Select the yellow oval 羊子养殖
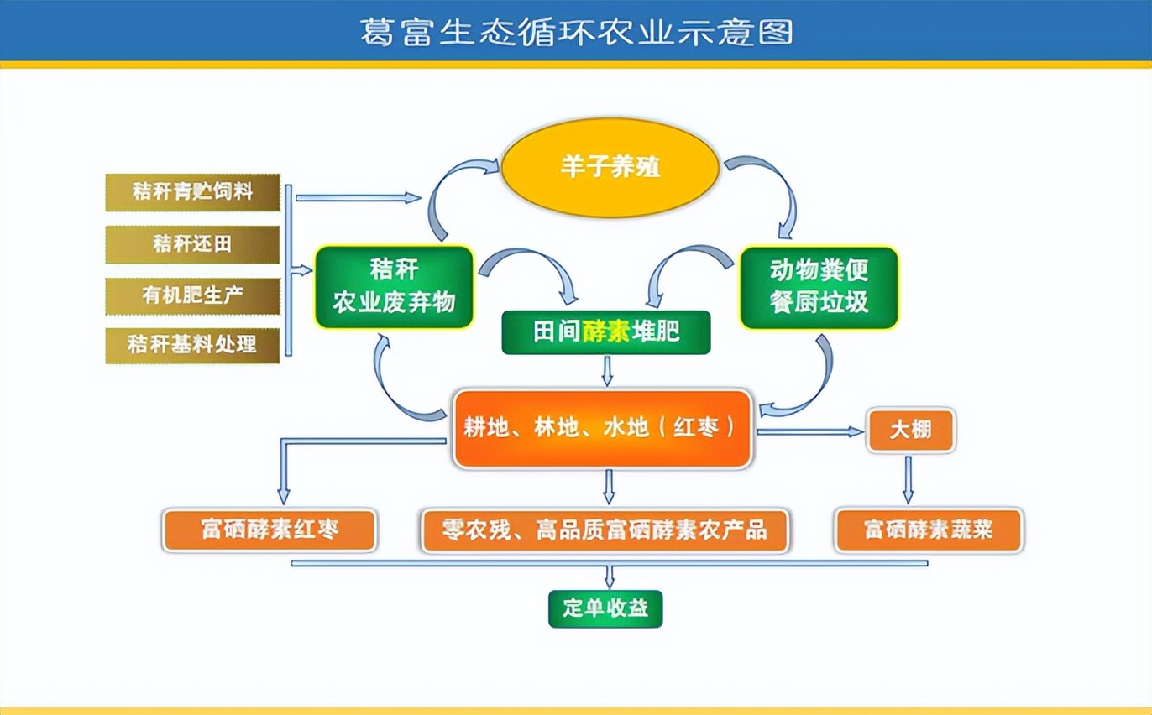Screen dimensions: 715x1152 (x=610, y=166)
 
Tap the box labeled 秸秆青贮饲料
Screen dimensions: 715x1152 (x=192, y=192)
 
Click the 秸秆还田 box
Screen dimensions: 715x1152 (x=192, y=244)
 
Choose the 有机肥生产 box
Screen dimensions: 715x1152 (x=192, y=295)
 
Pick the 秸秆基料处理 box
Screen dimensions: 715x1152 (x=192, y=344)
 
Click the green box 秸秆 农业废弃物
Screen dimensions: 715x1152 (x=394, y=286)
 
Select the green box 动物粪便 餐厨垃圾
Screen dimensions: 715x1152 (x=819, y=286)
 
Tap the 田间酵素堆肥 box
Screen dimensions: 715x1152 (x=606, y=332)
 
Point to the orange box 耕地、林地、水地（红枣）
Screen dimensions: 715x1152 (x=602, y=428)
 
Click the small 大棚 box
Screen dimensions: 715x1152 (x=910, y=431)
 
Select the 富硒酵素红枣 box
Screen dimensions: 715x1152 (x=270, y=530)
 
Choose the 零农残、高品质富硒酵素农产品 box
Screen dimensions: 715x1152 (x=605, y=530)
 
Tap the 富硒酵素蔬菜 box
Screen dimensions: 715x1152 (x=929, y=530)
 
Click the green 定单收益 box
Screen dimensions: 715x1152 (x=605, y=608)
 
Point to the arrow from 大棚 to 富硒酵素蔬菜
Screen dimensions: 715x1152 (x=909, y=479)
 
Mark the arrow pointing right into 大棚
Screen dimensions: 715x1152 (x=811, y=431)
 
